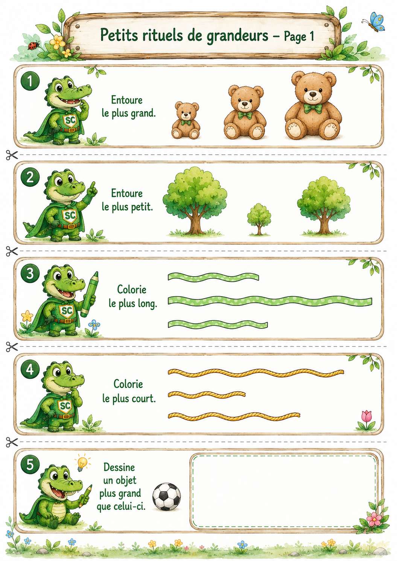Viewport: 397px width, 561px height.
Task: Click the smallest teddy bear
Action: [186, 120]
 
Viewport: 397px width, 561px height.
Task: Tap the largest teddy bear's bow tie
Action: [313, 108]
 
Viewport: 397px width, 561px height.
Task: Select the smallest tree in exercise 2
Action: [259, 219]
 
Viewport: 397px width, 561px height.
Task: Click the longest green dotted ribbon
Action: [270, 301]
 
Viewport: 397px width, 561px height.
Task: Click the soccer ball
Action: [167, 497]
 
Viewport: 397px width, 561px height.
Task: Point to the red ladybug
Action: [34, 45]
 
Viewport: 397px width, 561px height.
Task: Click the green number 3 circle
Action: [30, 273]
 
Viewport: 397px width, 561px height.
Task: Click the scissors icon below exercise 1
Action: [12, 155]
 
